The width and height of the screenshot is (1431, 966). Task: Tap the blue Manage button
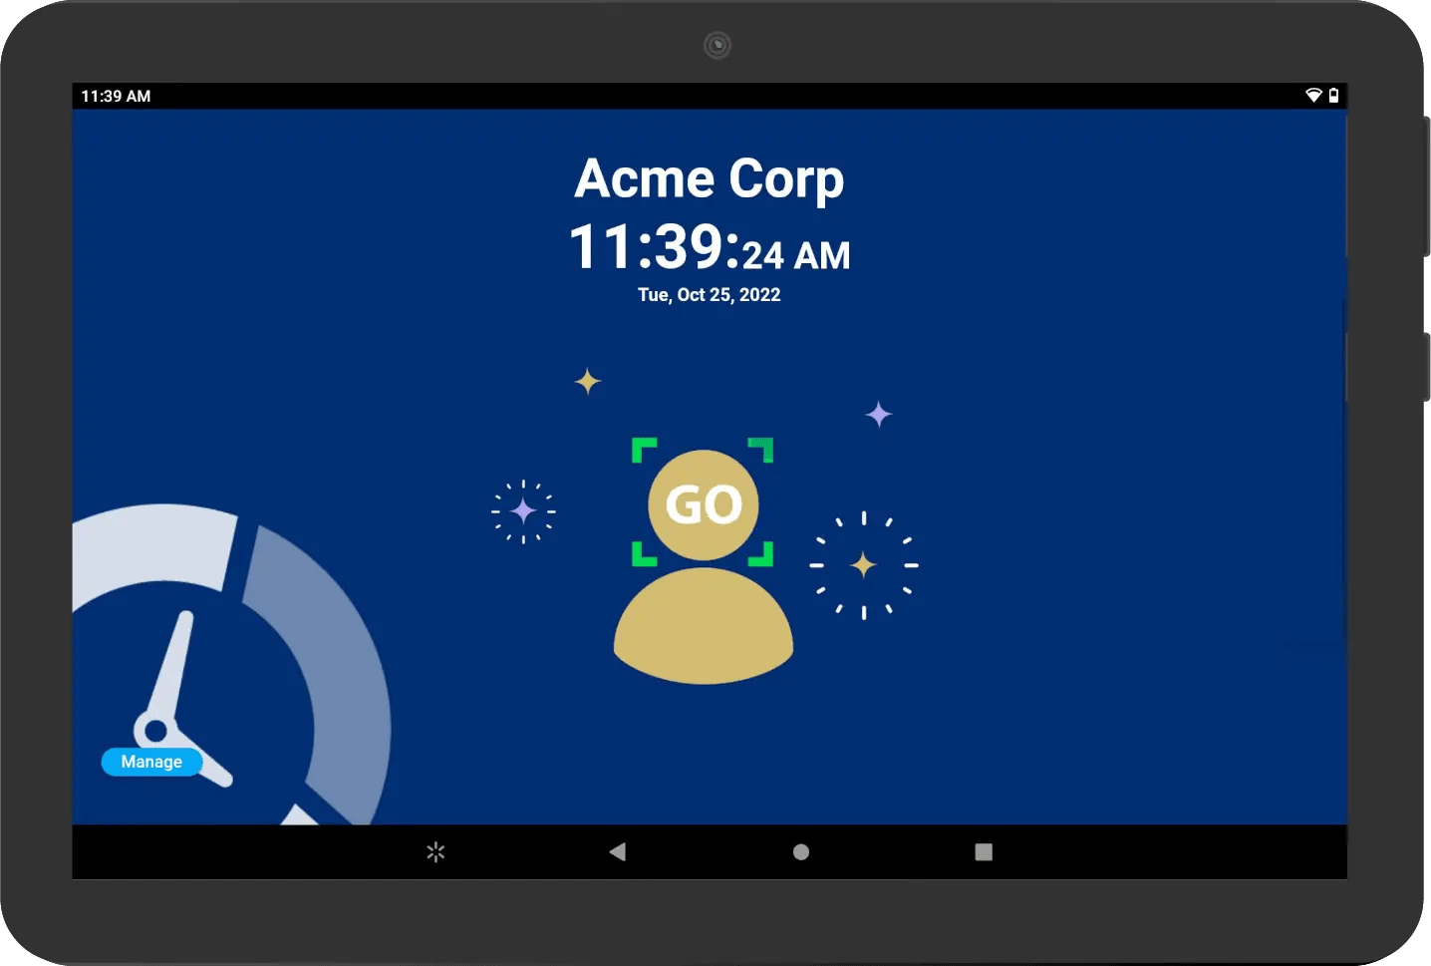pyautogui.click(x=151, y=762)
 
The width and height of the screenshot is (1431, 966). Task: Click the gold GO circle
pyautogui.click(x=704, y=504)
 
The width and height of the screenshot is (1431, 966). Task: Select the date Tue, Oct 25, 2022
pyautogui.click(x=709, y=295)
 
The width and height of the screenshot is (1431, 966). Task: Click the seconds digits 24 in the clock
pyautogui.click(x=762, y=256)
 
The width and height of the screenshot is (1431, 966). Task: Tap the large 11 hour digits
pyautogui.click(x=601, y=247)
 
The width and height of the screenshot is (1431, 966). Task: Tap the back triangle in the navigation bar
pyautogui.click(x=618, y=851)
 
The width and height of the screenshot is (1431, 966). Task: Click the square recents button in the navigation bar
pyautogui.click(x=984, y=851)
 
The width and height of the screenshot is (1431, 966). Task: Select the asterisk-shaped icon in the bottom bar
pyautogui.click(x=435, y=851)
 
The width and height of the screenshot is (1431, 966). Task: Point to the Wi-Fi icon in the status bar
pyautogui.click(x=1313, y=96)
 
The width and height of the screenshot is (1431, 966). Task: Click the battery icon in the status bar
pyautogui.click(x=1333, y=96)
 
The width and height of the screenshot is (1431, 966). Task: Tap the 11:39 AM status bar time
pyautogui.click(x=116, y=96)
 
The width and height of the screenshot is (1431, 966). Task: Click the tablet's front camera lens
pyautogui.click(x=717, y=45)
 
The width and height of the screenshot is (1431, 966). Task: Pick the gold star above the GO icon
pyautogui.click(x=588, y=381)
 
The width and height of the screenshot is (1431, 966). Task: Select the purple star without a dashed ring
pyautogui.click(x=879, y=414)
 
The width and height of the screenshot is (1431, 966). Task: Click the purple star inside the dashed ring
pyautogui.click(x=523, y=511)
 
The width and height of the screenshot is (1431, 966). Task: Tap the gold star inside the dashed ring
pyautogui.click(x=863, y=565)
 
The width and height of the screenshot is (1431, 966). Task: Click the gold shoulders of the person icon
pyautogui.click(x=704, y=628)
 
